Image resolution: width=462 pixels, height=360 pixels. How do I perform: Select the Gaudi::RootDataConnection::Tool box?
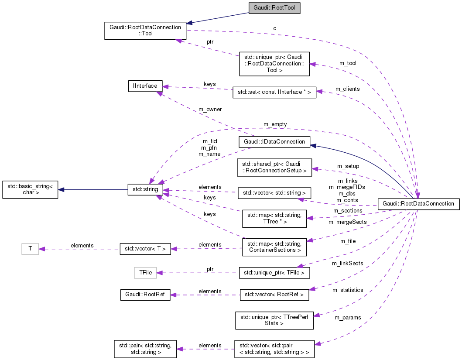[x=145, y=31]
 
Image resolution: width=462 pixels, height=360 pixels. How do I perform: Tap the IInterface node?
[x=145, y=86]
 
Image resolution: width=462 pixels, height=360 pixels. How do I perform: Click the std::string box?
[x=145, y=189]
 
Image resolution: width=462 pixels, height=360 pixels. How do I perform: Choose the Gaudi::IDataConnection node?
[x=274, y=142]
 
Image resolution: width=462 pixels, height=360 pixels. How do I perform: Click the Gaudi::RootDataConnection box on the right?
[x=418, y=204]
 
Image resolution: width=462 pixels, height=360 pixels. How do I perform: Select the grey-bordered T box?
[x=30, y=249]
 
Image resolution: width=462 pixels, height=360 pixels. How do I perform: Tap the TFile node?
[x=145, y=273]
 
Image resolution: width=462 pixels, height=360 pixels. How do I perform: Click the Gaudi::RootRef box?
[x=145, y=295]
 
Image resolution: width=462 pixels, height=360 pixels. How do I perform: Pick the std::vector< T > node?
[x=145, y=249]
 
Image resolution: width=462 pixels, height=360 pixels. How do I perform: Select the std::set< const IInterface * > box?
[x=274, y=92]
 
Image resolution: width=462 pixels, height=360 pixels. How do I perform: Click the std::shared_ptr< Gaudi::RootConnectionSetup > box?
[x=274, y=168]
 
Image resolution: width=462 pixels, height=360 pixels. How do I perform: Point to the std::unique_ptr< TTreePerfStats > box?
[x=274, y=320]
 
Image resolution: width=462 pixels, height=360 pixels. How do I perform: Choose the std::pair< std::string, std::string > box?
[x=145, y=349]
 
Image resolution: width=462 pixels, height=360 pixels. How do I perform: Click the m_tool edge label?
[x=348, y=63]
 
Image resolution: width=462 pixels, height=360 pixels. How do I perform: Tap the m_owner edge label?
[x=210, y=110]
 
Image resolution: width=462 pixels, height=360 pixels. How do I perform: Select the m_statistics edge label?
[x=348, y=290]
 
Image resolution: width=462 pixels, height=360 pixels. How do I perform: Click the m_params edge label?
[x=348, y=317]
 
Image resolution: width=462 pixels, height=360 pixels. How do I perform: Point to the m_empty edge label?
[x=275, y=124]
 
